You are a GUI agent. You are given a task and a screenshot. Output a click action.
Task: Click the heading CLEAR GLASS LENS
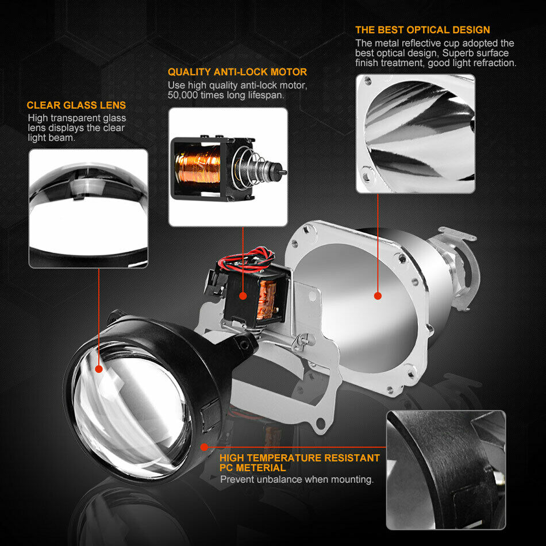pyautogui.click(x=76, y=105)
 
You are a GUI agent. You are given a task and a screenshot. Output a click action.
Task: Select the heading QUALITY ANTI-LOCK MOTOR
pyautogui.click(x=237, y=72)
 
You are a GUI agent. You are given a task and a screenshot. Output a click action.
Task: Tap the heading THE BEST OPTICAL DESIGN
pyautogui.click(x=423, y=30)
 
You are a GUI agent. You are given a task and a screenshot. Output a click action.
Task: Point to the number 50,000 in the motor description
pyautogui.click(x=182, y=95)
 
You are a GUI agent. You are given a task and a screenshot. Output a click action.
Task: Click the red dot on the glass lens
pyautogui.click(x=99, y=369)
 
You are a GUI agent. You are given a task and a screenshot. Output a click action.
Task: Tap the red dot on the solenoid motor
pyautogui.click(x=243, y=296)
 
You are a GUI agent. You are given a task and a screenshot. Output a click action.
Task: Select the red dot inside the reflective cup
pyautogui.click(x=378, y=296)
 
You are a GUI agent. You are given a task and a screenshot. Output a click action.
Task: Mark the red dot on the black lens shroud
pyautogui.click(x=205, y=447)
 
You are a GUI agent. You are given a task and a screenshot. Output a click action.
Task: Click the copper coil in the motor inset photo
pyautogui.click(x=198, y=164)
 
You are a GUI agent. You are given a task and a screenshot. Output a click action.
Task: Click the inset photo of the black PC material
pyautogui.click(x=446, y=470)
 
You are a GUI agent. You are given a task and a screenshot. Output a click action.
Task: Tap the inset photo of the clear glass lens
pyautogui.click(x=89, y=208)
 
